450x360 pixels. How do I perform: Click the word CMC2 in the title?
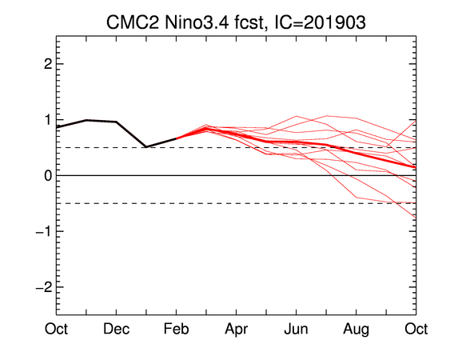pyautogui.click(x=132, y=22)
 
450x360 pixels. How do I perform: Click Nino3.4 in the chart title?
pyautogui.click(x=197, y=22)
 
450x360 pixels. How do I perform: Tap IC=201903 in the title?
pyautogui.click(x=320, y=22)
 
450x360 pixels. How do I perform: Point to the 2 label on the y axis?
pyautogui.click(x=48, y=64)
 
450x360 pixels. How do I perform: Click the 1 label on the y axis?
pyautogui.click(x=48, y=120)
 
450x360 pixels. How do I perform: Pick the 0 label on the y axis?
pyautogui.click(x=48, y=175)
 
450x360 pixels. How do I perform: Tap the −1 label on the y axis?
pyautogui.click(x=44, y=231)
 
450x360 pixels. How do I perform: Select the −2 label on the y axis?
pyautogui.click(x=44, y=287)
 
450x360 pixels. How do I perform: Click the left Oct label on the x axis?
pyautogui.click(x=56, y=329)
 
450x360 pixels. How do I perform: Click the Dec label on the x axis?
pyautogui.click(x=116, y=329)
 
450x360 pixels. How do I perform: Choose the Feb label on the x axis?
pyautogui.click(x=176, y=329)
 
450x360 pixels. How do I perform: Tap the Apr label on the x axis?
pyautogui.click(x=237, y=330)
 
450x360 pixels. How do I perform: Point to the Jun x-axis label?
pyautogui.click(x=297, y=329)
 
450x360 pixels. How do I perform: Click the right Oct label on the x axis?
pyautogui.click(x=416, y=329)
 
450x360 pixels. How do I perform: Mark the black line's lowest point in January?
pyautogui.click(x=146, y=147)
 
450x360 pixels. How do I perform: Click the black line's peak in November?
pyautogui.click(x=86, y=120)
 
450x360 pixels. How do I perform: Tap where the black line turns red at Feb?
pyautogui.click(x=176, y=138)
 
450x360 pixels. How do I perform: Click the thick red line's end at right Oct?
pyautogui.click(x=416, y=167)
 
